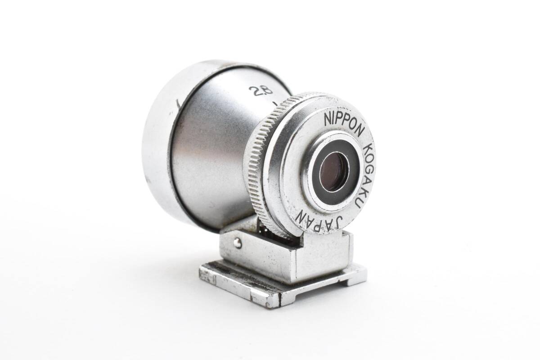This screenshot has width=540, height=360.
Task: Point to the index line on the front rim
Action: pos(178,105)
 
